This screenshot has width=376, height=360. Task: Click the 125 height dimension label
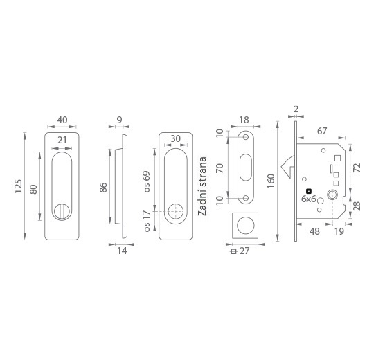click(x=19, y=186)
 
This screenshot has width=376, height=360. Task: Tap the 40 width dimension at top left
click(x=62, y=120)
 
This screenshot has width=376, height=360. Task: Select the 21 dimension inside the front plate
click(x=62, y=140)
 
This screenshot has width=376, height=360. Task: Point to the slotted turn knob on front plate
click(x=62, y=211)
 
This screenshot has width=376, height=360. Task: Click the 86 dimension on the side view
click(x=103, y=187)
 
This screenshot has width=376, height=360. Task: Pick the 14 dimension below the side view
click(x=122, y=251)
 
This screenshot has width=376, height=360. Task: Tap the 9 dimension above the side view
click(x=119, y=120)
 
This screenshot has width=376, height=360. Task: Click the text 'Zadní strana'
click(x=202, y=186)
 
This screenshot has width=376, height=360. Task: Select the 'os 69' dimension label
click(x=147, y=181)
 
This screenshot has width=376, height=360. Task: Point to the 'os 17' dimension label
click(x=147, y=221)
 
